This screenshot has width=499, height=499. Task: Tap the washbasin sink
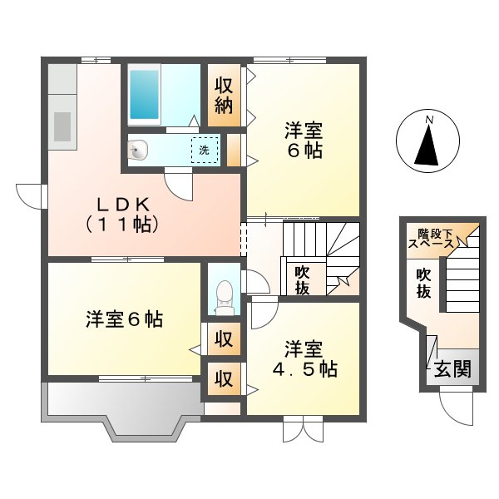click(139, 151)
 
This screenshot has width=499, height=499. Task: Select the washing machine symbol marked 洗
click(204, 151)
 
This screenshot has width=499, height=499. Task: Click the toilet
click(223, 294)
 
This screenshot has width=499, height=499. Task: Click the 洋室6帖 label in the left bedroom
click(124, 319)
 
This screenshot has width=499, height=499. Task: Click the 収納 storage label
click(223, 95)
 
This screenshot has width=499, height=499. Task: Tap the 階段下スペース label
click(430, 240)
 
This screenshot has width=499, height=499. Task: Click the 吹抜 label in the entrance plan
click(424, 284)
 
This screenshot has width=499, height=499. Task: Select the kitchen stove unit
click(62, 123)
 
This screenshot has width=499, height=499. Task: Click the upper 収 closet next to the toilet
click(223, 338)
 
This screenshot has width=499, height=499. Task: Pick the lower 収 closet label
click(223, 378)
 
